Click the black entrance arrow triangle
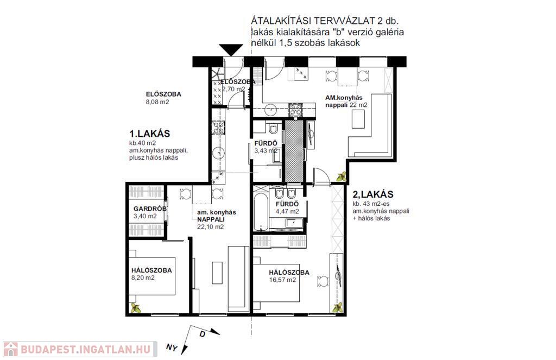pos(231,49)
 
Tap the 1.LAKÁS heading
pos(150,134)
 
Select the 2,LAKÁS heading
pos(373,194)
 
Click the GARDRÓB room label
pos(150,209)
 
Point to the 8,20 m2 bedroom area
pos(143,277)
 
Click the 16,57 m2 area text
pos(282,280)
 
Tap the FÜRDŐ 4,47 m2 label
pos(287,208)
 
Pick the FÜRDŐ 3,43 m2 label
pos(266,147)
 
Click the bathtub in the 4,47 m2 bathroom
pos(261,212)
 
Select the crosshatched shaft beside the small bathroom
pos(294,151)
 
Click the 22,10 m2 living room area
pos(210,227)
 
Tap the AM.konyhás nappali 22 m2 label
pos(346,102)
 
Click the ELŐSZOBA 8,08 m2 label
pos(163,98)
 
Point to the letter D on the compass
pos(203,334)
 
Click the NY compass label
pos(172,347)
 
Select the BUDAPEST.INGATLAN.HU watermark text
pos(85,349)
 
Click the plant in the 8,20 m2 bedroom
pos(135,308)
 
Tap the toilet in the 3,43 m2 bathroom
pos(273,128)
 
